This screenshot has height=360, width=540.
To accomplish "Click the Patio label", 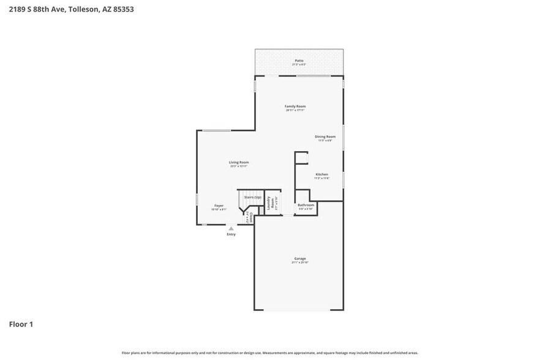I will click(x=299, y=61).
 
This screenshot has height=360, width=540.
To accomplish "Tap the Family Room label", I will click(x=295, y=107).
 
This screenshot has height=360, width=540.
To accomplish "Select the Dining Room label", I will click(x=325, y=137).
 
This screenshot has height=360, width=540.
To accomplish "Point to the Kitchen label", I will click(x=321, y=174).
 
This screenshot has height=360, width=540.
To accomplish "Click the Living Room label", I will click(x=239, y=162).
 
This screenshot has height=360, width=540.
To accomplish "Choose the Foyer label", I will click(x=219, y=206).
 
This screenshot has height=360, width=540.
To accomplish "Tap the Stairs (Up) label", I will click(x=253, y=197).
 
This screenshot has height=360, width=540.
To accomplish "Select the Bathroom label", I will click(x=306, y=205).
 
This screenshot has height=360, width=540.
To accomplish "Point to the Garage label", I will click(x=299, y=258).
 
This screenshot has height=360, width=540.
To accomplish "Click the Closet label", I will click(x=251, y=217).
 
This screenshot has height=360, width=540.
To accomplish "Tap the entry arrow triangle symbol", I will click(x=231, y=228).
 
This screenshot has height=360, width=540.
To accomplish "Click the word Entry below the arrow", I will click(x=231, y=234).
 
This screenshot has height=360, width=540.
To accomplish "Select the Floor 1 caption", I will click(x=21, y=324).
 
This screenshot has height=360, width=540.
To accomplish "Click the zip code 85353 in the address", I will click(x=122, y=9).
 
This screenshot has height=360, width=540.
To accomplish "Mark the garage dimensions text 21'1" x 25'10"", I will click(x=299, y=263).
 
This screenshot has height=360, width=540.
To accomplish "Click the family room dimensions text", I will click(x=295, y=110).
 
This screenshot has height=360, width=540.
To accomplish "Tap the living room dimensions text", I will click(x=239, y=166).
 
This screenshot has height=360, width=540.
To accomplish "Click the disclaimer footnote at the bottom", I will click(x=269, y=353).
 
